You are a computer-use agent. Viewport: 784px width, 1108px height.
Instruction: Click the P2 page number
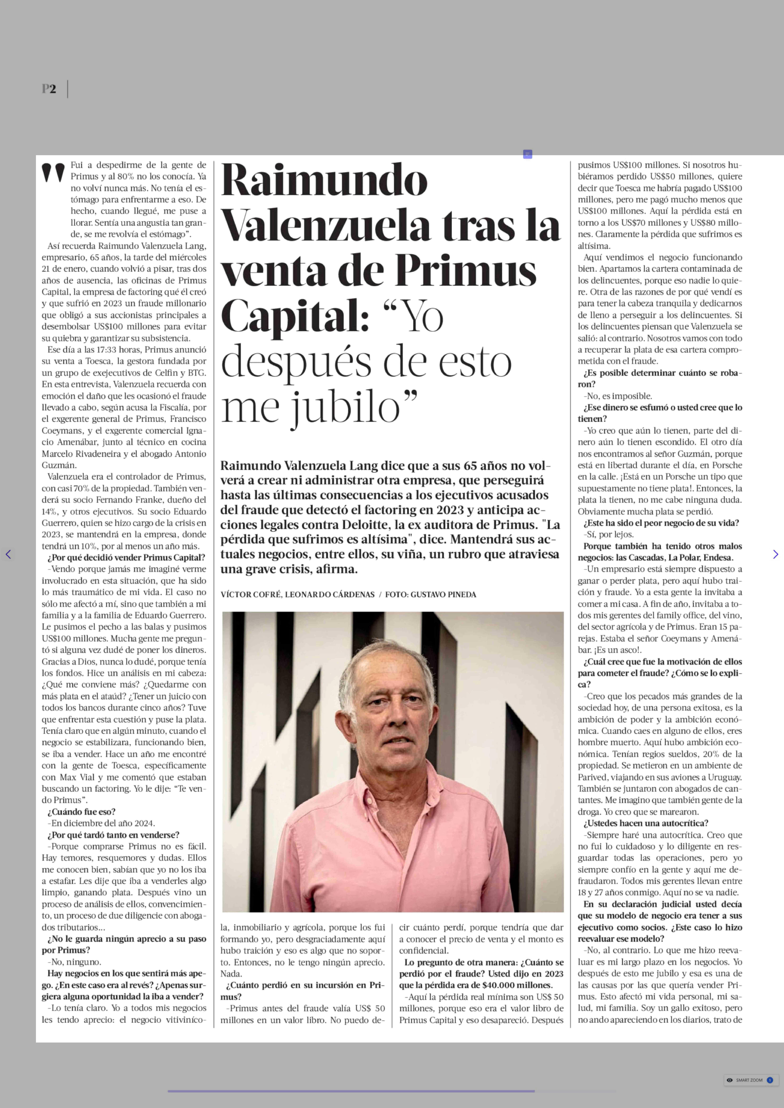click(49, 89)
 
